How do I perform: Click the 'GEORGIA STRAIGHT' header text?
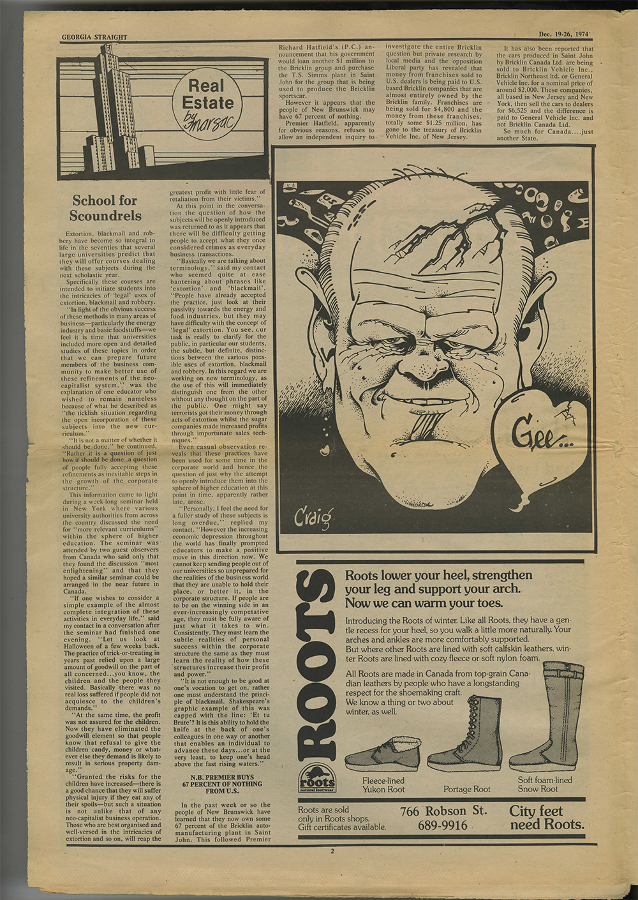(94, 37)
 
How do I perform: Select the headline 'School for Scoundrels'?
(105, 208)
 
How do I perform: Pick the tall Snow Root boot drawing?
(552, 715)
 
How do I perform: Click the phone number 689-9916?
(442, 826)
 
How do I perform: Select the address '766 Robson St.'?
(443, 811)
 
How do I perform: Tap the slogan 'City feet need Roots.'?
(545, 818)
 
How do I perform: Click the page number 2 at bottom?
(332, 851)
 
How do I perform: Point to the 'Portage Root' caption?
(467, 789)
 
